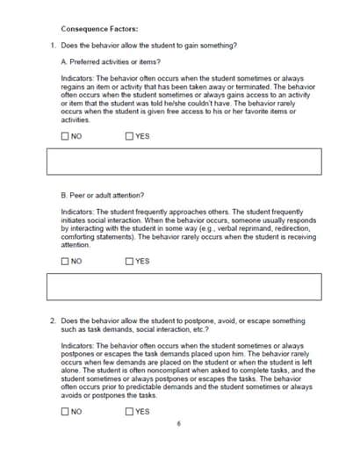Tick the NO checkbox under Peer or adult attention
65,261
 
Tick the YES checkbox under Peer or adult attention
129,261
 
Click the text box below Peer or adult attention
184,286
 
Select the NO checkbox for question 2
65,411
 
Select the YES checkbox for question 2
129,411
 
